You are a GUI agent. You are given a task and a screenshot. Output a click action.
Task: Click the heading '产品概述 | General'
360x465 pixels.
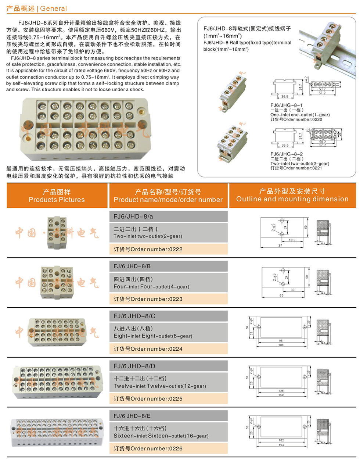(x=37, y=8)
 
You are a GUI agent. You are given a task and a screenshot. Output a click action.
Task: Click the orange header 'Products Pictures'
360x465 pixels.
(x=57, y=200)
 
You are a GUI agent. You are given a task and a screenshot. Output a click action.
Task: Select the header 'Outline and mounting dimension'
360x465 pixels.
(x=292, y=199)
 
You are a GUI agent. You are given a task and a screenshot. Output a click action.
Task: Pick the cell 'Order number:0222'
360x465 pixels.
(x=148, y=249)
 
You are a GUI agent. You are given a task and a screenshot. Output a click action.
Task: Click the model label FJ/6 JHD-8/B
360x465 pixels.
(x=132, y=266)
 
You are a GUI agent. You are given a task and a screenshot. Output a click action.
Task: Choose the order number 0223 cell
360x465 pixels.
(x=148, y=299)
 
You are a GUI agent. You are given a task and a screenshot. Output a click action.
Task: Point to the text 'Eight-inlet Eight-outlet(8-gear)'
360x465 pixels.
(x=153, y=336)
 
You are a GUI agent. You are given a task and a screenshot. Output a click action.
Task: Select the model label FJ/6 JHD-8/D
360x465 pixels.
(x=134, y=366)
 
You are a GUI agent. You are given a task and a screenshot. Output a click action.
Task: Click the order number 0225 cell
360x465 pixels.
(x=148, y=398)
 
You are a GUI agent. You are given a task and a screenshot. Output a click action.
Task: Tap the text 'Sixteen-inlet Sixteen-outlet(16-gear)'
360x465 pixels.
(x=161, y=436)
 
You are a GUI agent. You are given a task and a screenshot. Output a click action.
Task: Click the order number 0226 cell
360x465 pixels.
(x=148, y=448)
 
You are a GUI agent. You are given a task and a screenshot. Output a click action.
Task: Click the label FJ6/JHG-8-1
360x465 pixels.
(x=287, y=105)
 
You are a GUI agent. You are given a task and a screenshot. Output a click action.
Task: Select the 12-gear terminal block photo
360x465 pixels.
(x=56, y=382)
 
